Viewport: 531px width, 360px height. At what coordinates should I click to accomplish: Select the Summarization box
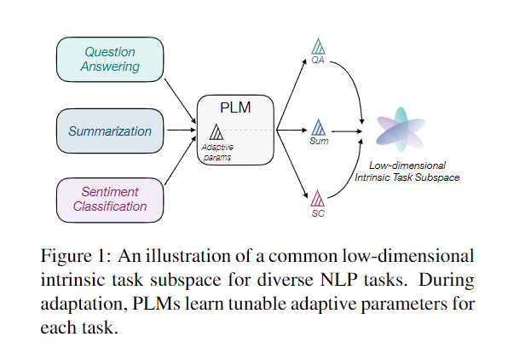coord(110,131)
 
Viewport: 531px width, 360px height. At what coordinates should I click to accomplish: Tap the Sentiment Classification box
coord(110,199)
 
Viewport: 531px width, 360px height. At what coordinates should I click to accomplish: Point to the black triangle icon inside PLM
coord(216,132)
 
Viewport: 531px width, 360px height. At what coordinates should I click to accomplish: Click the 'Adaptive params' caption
coord(216,152)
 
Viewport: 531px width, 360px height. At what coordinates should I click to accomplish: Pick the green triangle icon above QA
coord(319,46)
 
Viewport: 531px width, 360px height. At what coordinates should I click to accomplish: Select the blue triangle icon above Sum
coord(319,128)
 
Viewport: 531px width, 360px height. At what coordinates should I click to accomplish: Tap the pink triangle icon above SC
coord(317,199)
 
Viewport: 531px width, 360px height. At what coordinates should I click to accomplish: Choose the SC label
coord(318,213)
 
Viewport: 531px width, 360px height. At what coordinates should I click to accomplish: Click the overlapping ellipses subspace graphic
coord(401,132)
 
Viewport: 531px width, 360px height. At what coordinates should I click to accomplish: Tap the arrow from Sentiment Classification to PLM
coord(179,167)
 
